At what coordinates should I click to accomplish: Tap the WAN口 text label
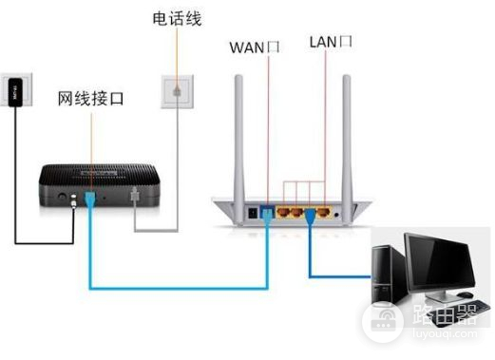tap(253, 45)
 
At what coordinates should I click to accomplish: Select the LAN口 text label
tap(331, 42)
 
